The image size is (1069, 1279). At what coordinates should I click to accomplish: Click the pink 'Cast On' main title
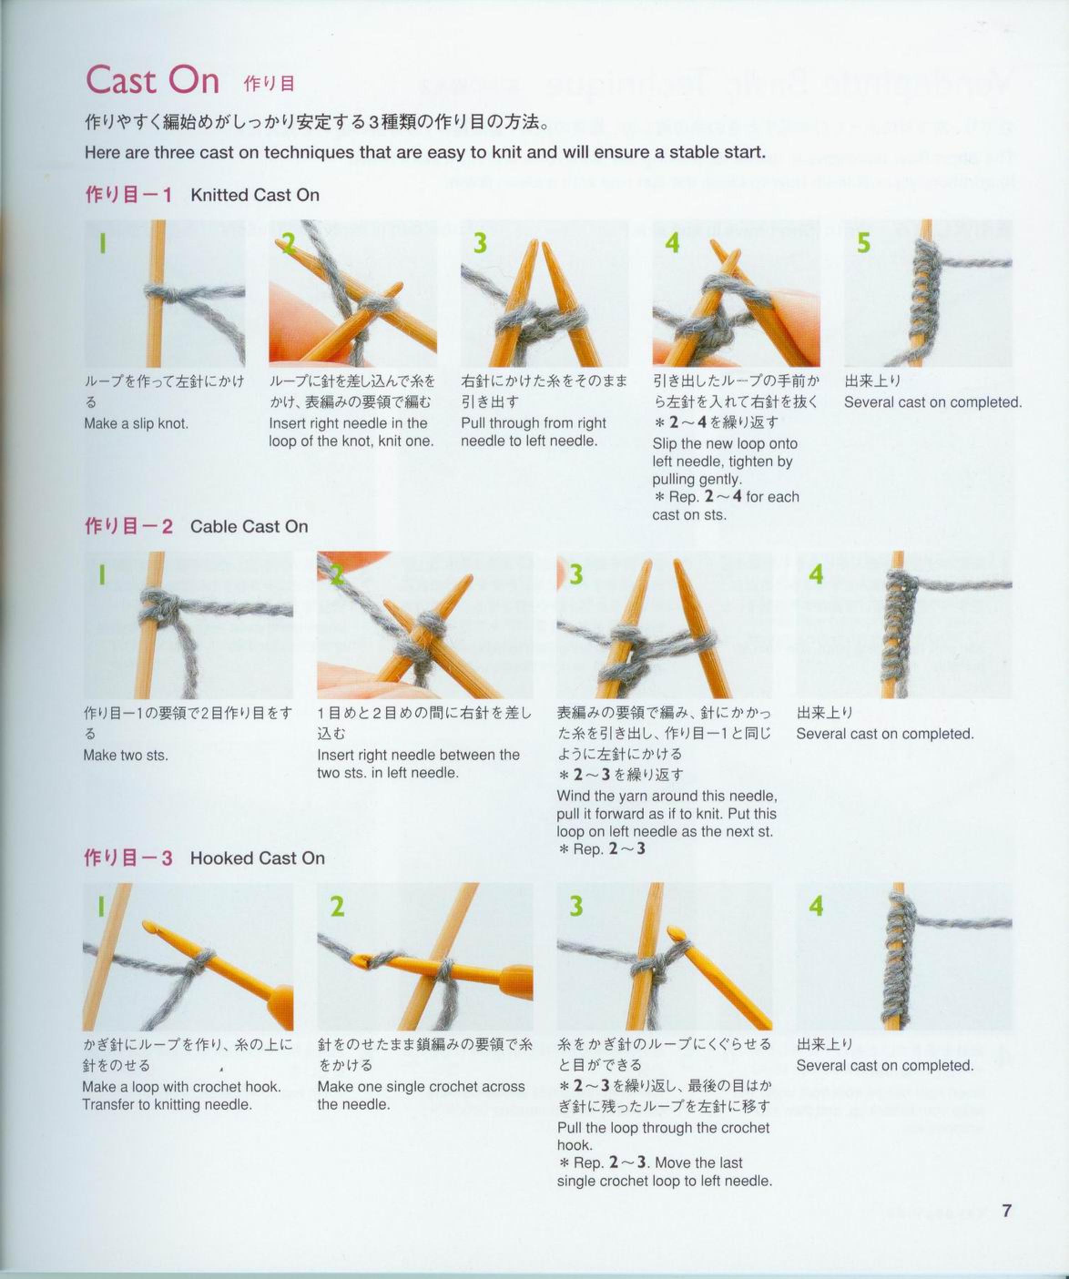tap(152, 80)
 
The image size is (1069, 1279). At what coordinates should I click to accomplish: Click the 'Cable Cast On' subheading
tap(249, 526)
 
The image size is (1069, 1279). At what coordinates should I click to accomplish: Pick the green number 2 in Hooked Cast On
tap(337, 906)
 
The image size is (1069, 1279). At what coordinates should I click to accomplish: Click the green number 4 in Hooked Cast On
tap(816, 906)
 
